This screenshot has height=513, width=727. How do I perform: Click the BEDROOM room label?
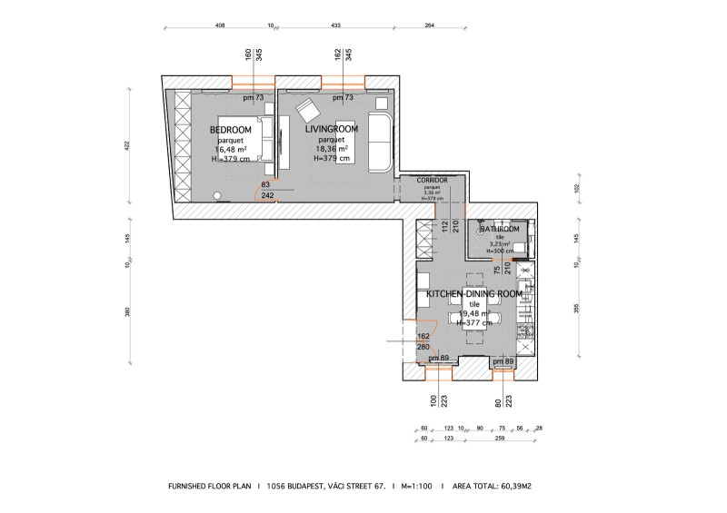[x=231, y=130]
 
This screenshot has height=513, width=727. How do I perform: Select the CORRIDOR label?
[x=433, y=181]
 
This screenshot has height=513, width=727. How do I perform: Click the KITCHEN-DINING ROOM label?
[x=473, y=294]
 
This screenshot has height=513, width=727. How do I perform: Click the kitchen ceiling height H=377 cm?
[x=473, y=322]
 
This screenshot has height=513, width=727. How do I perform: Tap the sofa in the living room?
[x=378, y=143]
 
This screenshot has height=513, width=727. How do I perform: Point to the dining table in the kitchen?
[x=473, y=313]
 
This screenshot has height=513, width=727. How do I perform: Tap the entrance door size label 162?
[x=423, y=336]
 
